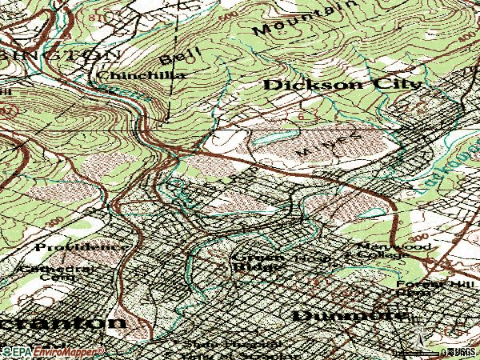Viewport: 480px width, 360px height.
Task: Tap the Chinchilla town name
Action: tap(141, 75)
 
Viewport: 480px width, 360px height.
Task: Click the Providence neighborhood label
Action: tap(80, 246)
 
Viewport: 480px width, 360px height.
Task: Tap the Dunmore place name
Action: tap(347, 315)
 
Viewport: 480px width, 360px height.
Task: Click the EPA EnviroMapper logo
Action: tap(52, 351)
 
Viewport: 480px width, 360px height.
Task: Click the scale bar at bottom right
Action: tap(448, 351)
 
